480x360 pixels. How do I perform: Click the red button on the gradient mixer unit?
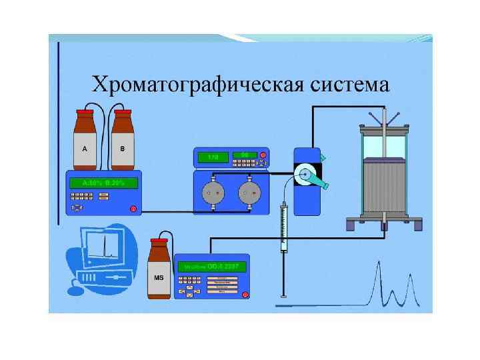(133, 209)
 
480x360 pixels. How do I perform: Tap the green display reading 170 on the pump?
(212, 157)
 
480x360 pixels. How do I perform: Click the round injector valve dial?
(305, 175)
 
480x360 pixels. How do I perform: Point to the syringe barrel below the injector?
(284, 230)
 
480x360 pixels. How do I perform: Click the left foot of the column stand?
(351, 225)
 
